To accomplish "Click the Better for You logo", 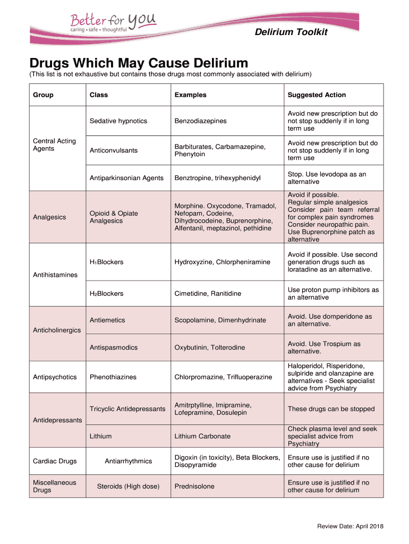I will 113,22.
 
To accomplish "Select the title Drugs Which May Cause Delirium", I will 139,63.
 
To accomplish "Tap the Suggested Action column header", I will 317,95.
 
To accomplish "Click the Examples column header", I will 190,95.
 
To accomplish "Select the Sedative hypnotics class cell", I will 118,121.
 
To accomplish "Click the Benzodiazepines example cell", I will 200,121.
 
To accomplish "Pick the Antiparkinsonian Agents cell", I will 126,178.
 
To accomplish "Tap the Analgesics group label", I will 49,217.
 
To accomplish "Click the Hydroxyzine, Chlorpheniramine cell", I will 222,262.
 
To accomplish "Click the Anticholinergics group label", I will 57,330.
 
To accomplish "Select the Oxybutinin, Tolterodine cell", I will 210,347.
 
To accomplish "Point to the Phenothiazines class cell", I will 113,377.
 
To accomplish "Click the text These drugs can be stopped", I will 331,409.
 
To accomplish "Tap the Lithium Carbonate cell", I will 202,436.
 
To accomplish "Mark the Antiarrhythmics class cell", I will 128,461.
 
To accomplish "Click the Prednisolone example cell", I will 194,487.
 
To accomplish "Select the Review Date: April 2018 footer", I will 350,526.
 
